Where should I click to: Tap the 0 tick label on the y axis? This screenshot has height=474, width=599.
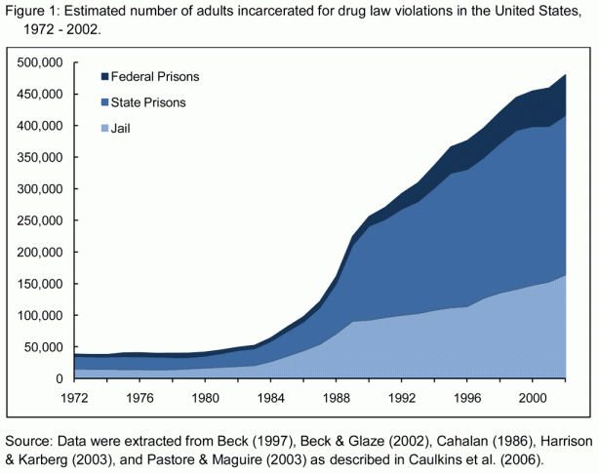60,378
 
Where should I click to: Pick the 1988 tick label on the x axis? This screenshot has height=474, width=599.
332,397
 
